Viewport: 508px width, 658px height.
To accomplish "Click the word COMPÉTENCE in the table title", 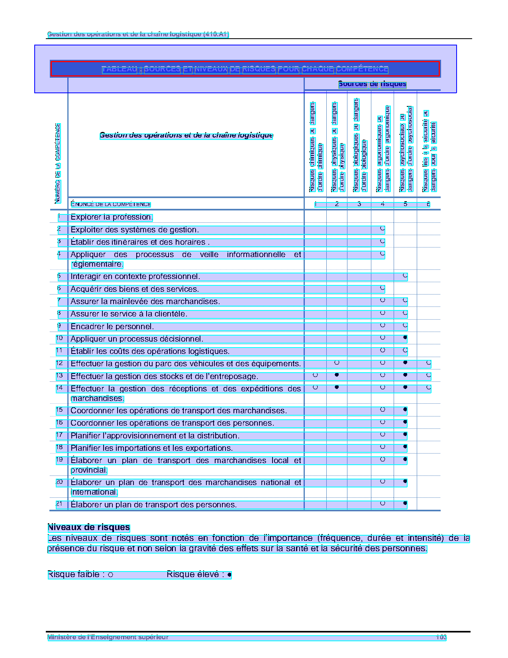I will click(x=362, y=69).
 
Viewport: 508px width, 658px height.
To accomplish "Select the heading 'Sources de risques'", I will click(x=372, y=84).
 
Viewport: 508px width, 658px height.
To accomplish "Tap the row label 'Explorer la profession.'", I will click(x=112, y=217).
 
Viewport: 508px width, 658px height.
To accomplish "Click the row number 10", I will click(x=59, y=338).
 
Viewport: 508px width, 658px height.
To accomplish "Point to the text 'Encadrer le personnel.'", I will click(x=112, y=327).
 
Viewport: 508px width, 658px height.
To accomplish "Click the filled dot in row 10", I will click(x=405, y=338).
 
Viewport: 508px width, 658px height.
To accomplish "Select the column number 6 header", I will click(x=428, y=204).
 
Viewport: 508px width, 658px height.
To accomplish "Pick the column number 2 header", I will click(x=337, y=204).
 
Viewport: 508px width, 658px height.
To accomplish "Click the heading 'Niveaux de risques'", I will click(x=88, y=528).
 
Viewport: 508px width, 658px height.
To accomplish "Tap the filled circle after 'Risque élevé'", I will click(x=229, y=575).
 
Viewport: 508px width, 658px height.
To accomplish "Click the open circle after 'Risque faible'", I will click(x=111, y=575).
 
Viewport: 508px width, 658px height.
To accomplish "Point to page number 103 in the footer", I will click(x=441, y=637).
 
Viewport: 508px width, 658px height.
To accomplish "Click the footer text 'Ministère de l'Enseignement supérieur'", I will click(x=108, y=637).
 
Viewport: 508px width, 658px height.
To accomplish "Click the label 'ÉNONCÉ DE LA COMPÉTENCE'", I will click(x=111, y=204).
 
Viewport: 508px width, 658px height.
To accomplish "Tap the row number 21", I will click(x=59, y=504).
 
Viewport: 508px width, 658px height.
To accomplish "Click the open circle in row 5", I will click(x=405, y=275).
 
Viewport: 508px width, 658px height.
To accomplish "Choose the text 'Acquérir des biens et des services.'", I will click(x=135, y=289).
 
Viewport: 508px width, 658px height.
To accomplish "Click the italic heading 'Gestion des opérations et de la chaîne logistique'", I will click(x=186, y=136).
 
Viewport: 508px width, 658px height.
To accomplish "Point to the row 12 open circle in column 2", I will click(x=337, y=363).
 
